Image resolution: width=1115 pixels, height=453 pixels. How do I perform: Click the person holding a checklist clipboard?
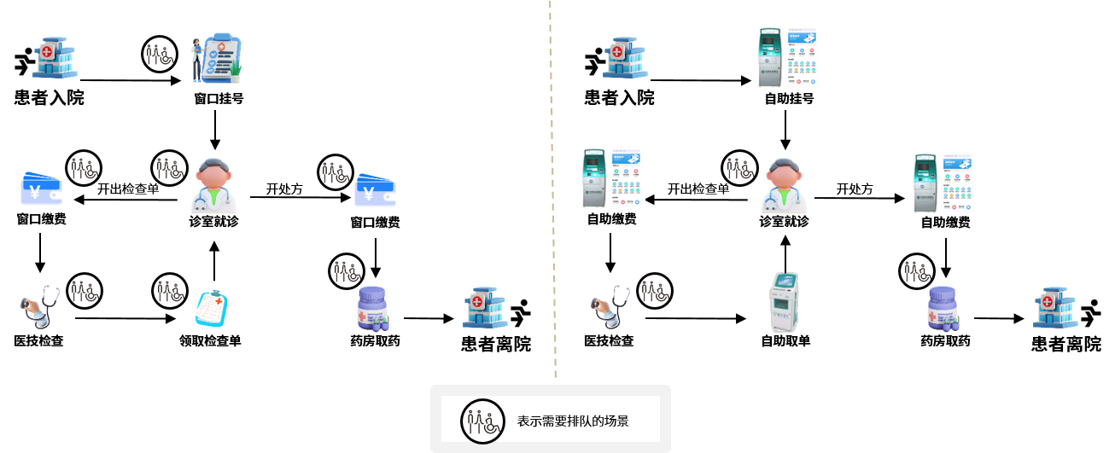point(216,59)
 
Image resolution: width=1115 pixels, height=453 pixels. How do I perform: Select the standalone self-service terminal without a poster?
point(783,302)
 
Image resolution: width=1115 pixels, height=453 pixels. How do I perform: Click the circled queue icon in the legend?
point(481,421)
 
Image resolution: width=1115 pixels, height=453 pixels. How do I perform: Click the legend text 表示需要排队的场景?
point(572,421)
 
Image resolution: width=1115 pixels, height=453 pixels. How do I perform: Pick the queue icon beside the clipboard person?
point(160,55)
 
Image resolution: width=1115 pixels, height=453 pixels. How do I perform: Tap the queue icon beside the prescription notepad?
point(170,292)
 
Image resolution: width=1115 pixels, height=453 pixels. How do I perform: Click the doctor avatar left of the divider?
point(213,184)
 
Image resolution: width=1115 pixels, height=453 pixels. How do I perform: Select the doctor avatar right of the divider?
point(783,184)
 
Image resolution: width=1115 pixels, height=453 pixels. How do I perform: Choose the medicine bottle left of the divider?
point(372,308)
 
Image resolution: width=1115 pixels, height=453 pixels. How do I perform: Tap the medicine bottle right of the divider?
point(943,308)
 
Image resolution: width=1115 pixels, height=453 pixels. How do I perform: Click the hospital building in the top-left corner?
point(54,58)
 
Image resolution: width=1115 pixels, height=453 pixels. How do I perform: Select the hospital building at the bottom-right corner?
point(1054,308)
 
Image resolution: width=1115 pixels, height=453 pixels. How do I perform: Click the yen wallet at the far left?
point(41,189)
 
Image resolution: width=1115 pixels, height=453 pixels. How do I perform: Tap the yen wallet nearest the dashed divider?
point(375,189)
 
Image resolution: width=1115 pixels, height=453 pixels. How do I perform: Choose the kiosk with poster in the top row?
point(790,57)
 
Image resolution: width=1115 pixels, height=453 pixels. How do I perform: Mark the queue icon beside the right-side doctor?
point(740,169)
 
